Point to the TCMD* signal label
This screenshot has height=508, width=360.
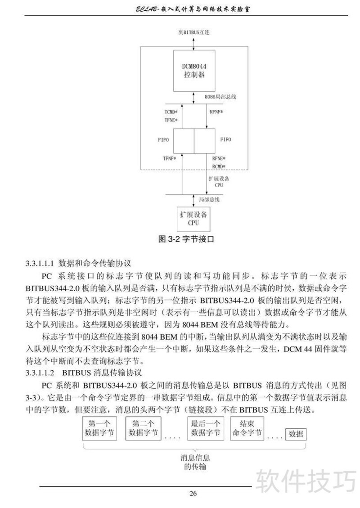[171, 112]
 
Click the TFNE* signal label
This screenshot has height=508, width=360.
[171, 120]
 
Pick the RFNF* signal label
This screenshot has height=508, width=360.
[216, 112]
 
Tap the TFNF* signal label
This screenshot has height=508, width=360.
[169, 158]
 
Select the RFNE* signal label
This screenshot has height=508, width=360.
[218, 158]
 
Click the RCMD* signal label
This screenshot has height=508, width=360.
[218, 166]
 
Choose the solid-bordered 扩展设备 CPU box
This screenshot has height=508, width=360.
[193, 218]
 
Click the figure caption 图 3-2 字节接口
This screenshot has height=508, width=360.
[186, 239]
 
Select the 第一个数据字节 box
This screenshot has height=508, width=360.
[99, 428]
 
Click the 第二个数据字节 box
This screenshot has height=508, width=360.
[144, 428]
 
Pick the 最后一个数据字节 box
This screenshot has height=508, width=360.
[206, 428]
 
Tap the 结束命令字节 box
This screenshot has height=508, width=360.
[247, 428]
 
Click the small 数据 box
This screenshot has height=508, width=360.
[296, 434]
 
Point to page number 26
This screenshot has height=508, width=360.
[193, 494]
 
